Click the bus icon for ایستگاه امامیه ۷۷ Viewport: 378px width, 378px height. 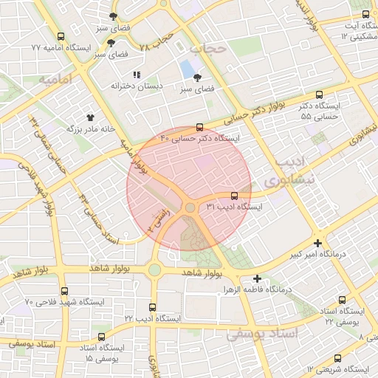tap(60, 36)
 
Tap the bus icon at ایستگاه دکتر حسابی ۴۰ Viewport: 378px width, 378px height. tap(201, 126)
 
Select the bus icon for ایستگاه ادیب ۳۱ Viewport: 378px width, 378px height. tap(235, 196)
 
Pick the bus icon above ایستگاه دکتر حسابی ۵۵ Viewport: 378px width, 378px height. tap(320, 94)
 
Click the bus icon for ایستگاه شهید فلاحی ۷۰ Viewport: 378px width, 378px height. tap(65, 291)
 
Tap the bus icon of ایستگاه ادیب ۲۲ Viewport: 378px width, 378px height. tap(153, 306)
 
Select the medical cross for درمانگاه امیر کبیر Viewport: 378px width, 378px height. tap(318, 243)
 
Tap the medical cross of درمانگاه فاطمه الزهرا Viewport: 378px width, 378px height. tap(257, 278)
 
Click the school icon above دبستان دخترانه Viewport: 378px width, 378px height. tap(136, 75)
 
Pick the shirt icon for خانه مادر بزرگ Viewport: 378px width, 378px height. tap(91, 117)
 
